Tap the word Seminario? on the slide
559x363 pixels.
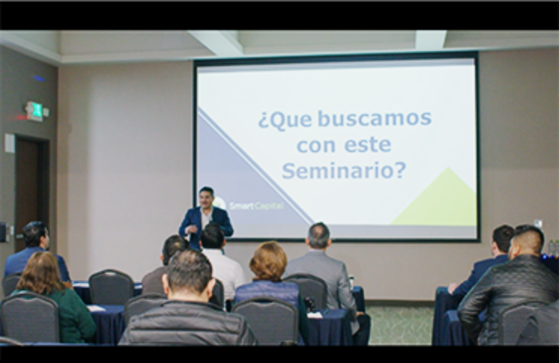(344, 170)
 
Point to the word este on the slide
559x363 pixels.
(368, 144)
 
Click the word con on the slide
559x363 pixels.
(316, 145)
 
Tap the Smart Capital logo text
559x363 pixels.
(256, 206)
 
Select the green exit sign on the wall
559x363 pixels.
(34, 111)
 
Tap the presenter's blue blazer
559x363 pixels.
(206, 226)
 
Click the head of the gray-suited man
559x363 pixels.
(318, 236)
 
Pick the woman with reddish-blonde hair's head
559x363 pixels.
(269, 261)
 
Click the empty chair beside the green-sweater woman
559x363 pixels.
(111, 288)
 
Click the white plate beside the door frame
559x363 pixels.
(9, 143)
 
